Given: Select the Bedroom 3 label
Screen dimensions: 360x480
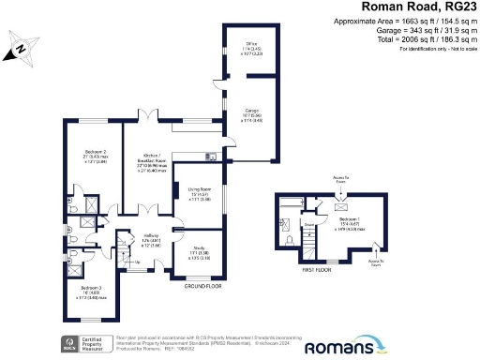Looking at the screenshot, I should click(x=91, y=292).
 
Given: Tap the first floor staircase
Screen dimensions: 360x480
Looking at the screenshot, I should click(x=307, y=247).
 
